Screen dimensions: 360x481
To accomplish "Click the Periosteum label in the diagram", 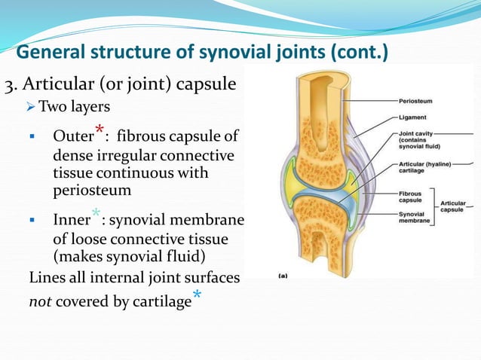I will [x=415, y=100].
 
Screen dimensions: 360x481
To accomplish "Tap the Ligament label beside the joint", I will [x=412, y=117].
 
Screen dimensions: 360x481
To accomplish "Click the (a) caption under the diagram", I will [x=283, y=276].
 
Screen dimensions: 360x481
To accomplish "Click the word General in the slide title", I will [x=50, y=53].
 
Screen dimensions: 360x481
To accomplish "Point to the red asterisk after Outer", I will [x=99, y=130].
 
